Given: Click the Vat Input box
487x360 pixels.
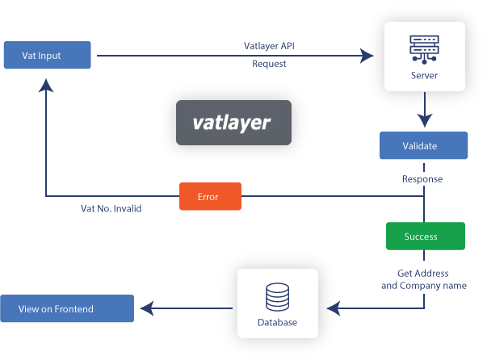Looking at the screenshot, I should click(x=48, y=56).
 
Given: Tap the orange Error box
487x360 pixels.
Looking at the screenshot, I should click(x=209, y=196).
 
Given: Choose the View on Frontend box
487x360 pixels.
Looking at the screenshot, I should click(x=66, y=308).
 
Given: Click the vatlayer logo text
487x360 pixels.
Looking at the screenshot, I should click(x=233, y=123).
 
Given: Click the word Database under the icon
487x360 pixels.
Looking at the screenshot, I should click(x=277, y=323).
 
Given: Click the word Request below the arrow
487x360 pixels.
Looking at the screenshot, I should click(x=269, y=64).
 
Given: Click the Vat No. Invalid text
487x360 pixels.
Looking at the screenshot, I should click(x=111, y=208).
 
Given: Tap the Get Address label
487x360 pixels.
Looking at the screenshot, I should click(x=423, y=274).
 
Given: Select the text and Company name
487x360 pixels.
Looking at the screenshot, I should click(x=423, y=286).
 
